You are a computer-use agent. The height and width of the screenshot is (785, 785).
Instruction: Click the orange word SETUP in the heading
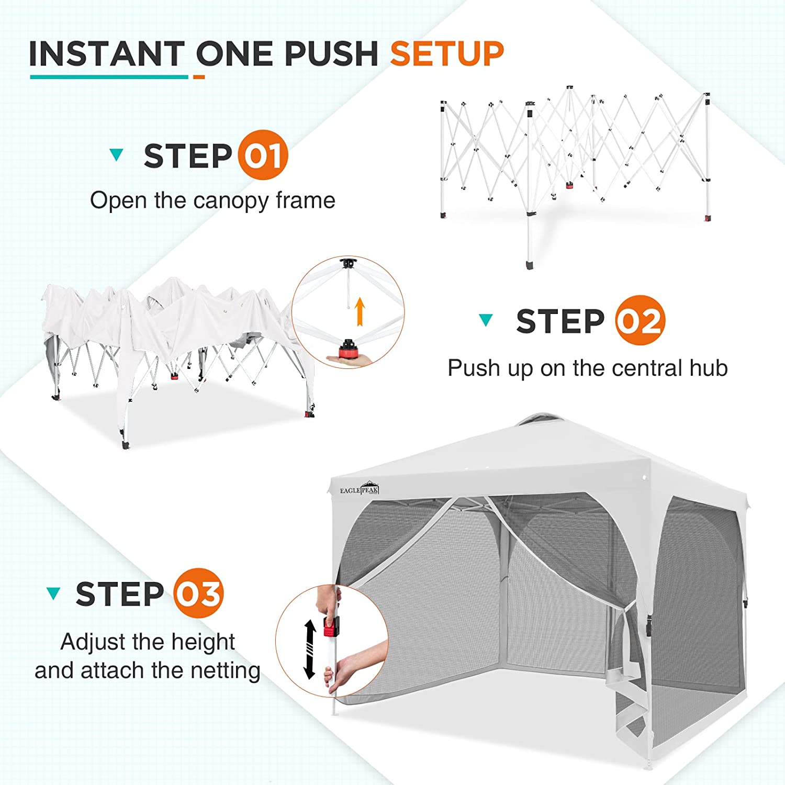447,53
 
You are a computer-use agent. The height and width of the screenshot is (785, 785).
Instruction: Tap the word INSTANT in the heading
107,53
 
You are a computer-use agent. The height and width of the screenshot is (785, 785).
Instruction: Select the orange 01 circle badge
263,155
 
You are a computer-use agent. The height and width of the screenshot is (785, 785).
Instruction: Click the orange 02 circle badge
640,320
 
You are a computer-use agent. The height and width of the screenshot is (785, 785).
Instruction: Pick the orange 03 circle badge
198,593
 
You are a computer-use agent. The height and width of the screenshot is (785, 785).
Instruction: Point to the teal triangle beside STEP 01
116,154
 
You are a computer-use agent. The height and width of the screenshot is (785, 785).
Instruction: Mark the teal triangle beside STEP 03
53,593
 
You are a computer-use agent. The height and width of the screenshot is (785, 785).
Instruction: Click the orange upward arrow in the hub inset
360,311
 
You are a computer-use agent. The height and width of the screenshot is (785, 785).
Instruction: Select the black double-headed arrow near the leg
310,649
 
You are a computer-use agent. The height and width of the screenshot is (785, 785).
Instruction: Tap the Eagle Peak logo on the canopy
359,489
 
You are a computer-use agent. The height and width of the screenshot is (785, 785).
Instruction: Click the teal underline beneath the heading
109,77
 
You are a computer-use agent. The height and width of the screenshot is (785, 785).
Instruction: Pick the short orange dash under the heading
199,77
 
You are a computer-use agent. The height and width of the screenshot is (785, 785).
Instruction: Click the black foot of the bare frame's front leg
531,263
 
